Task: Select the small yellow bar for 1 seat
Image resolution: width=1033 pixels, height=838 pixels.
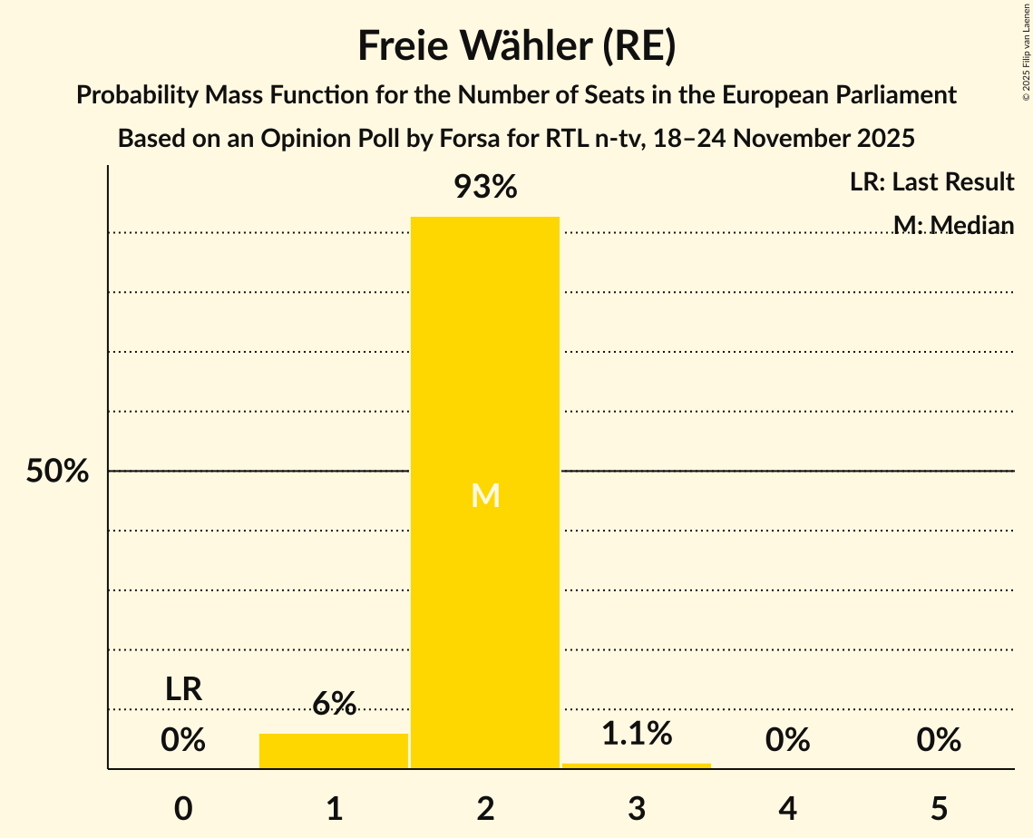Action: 334,751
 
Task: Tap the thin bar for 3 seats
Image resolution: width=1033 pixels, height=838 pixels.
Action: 637,765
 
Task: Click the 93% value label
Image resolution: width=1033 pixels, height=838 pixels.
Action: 485,188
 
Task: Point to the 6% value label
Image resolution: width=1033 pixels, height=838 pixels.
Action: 334,704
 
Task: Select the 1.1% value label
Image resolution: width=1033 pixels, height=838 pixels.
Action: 637,734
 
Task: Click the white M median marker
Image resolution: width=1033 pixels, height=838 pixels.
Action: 485,495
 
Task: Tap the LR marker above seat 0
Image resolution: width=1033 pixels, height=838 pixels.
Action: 183,689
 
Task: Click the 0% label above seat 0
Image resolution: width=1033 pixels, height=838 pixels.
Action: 183,740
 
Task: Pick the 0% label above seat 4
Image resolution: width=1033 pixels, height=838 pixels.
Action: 787,740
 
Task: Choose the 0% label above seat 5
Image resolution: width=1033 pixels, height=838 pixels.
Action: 939,740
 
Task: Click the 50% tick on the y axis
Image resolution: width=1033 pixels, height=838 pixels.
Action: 57,472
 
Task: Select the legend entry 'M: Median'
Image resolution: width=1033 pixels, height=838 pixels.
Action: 953,224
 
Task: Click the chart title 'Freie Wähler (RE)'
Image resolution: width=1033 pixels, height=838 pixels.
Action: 516,46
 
